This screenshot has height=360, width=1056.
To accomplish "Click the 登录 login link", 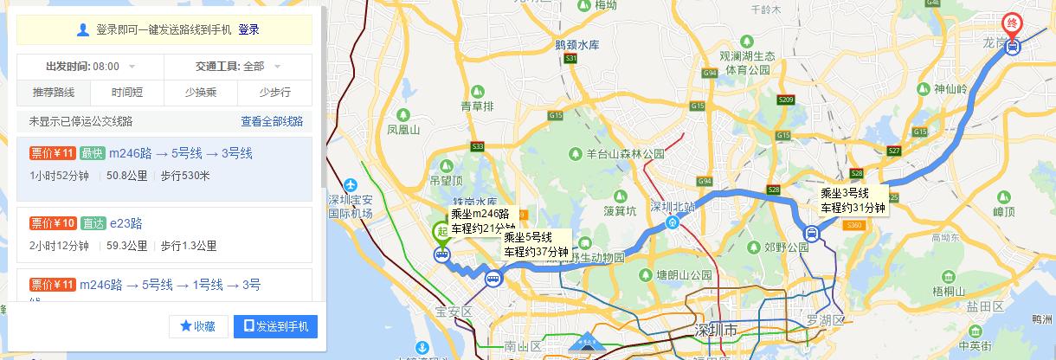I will (248, 29).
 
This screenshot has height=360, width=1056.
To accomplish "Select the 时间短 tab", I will (127, 93).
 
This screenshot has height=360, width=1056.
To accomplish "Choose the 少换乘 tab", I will (201, 93).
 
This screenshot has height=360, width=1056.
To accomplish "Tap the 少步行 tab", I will (274, 93).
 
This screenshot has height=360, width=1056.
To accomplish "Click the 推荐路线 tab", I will (54, 93).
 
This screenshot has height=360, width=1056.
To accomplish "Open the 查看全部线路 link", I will (272, 121).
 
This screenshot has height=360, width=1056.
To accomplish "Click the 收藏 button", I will (198, 326).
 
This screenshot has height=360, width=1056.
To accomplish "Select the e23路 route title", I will (126, 223).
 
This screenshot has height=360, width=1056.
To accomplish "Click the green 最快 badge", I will (92, 154).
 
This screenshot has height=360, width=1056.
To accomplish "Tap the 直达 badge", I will (93, 223).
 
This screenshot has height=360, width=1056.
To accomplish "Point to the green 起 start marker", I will (441, 232).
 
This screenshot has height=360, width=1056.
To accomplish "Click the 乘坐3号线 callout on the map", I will (853, 200).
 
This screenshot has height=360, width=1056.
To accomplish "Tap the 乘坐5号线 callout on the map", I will (537, 244).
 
